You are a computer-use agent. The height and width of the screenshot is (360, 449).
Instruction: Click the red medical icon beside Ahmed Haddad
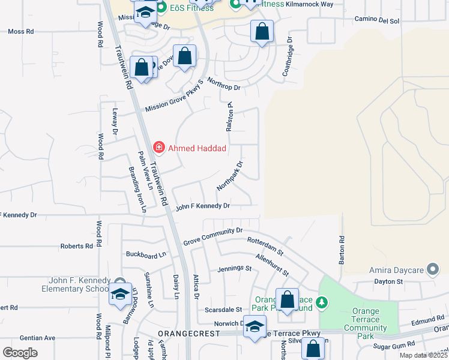[x=159, y=147]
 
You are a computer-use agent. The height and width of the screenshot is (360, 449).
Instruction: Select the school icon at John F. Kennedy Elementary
[x=120, y=294]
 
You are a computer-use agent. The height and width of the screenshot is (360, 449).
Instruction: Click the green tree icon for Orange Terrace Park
[x=322, y=302]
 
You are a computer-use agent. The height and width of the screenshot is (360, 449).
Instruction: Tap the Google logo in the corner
[x=20, y=353]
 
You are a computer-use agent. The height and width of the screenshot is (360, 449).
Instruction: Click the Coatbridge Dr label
[x=289, y=57]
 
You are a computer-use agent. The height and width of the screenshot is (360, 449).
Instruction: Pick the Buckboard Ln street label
[x=145, y=254]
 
